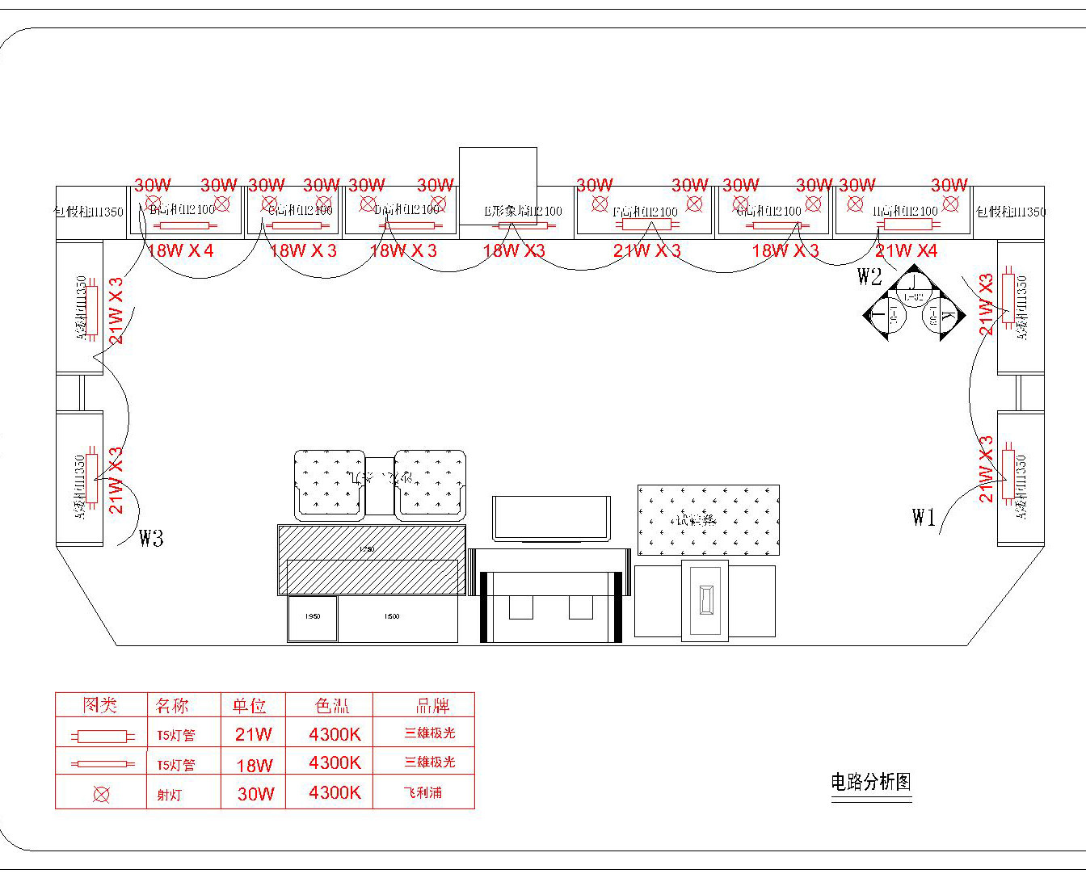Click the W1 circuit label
pyautogui.click(x=924, y=517)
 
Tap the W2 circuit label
pyautogui.click(x=869, y=277)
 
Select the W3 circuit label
pyautogui.click(x=151, y=538)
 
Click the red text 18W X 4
pyautogui.click(x=179, y=250)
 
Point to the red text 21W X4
pyautogui.click(x=907, y=250)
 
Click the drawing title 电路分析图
pyautogui.click(x=871, y=782)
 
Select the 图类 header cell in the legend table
pyautogui.click(x=100, y=705)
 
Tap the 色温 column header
pyautogui.click(x=332, y=706)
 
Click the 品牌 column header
pyautogui.click(x=432, y=706)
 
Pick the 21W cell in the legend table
pyautogui.click(x=254, y=735)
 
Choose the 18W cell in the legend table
pyautogui.click(x=255, y=765)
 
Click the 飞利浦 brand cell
pyautogui.click(x=423, y=793)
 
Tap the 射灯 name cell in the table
pyautogui.click(x=170, y=795)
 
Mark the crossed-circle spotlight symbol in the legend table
pyautogui.click(x=101, y=795)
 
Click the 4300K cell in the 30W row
pyautogui.click(x=335, y=793)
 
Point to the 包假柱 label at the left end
pyautogui.click(x=89, y=212)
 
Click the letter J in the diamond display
pyautogui.click(x=912, y=282)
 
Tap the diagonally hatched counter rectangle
pyautogui.click(x=371, y=559)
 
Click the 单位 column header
pyautogui.click(x=250, y=706)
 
